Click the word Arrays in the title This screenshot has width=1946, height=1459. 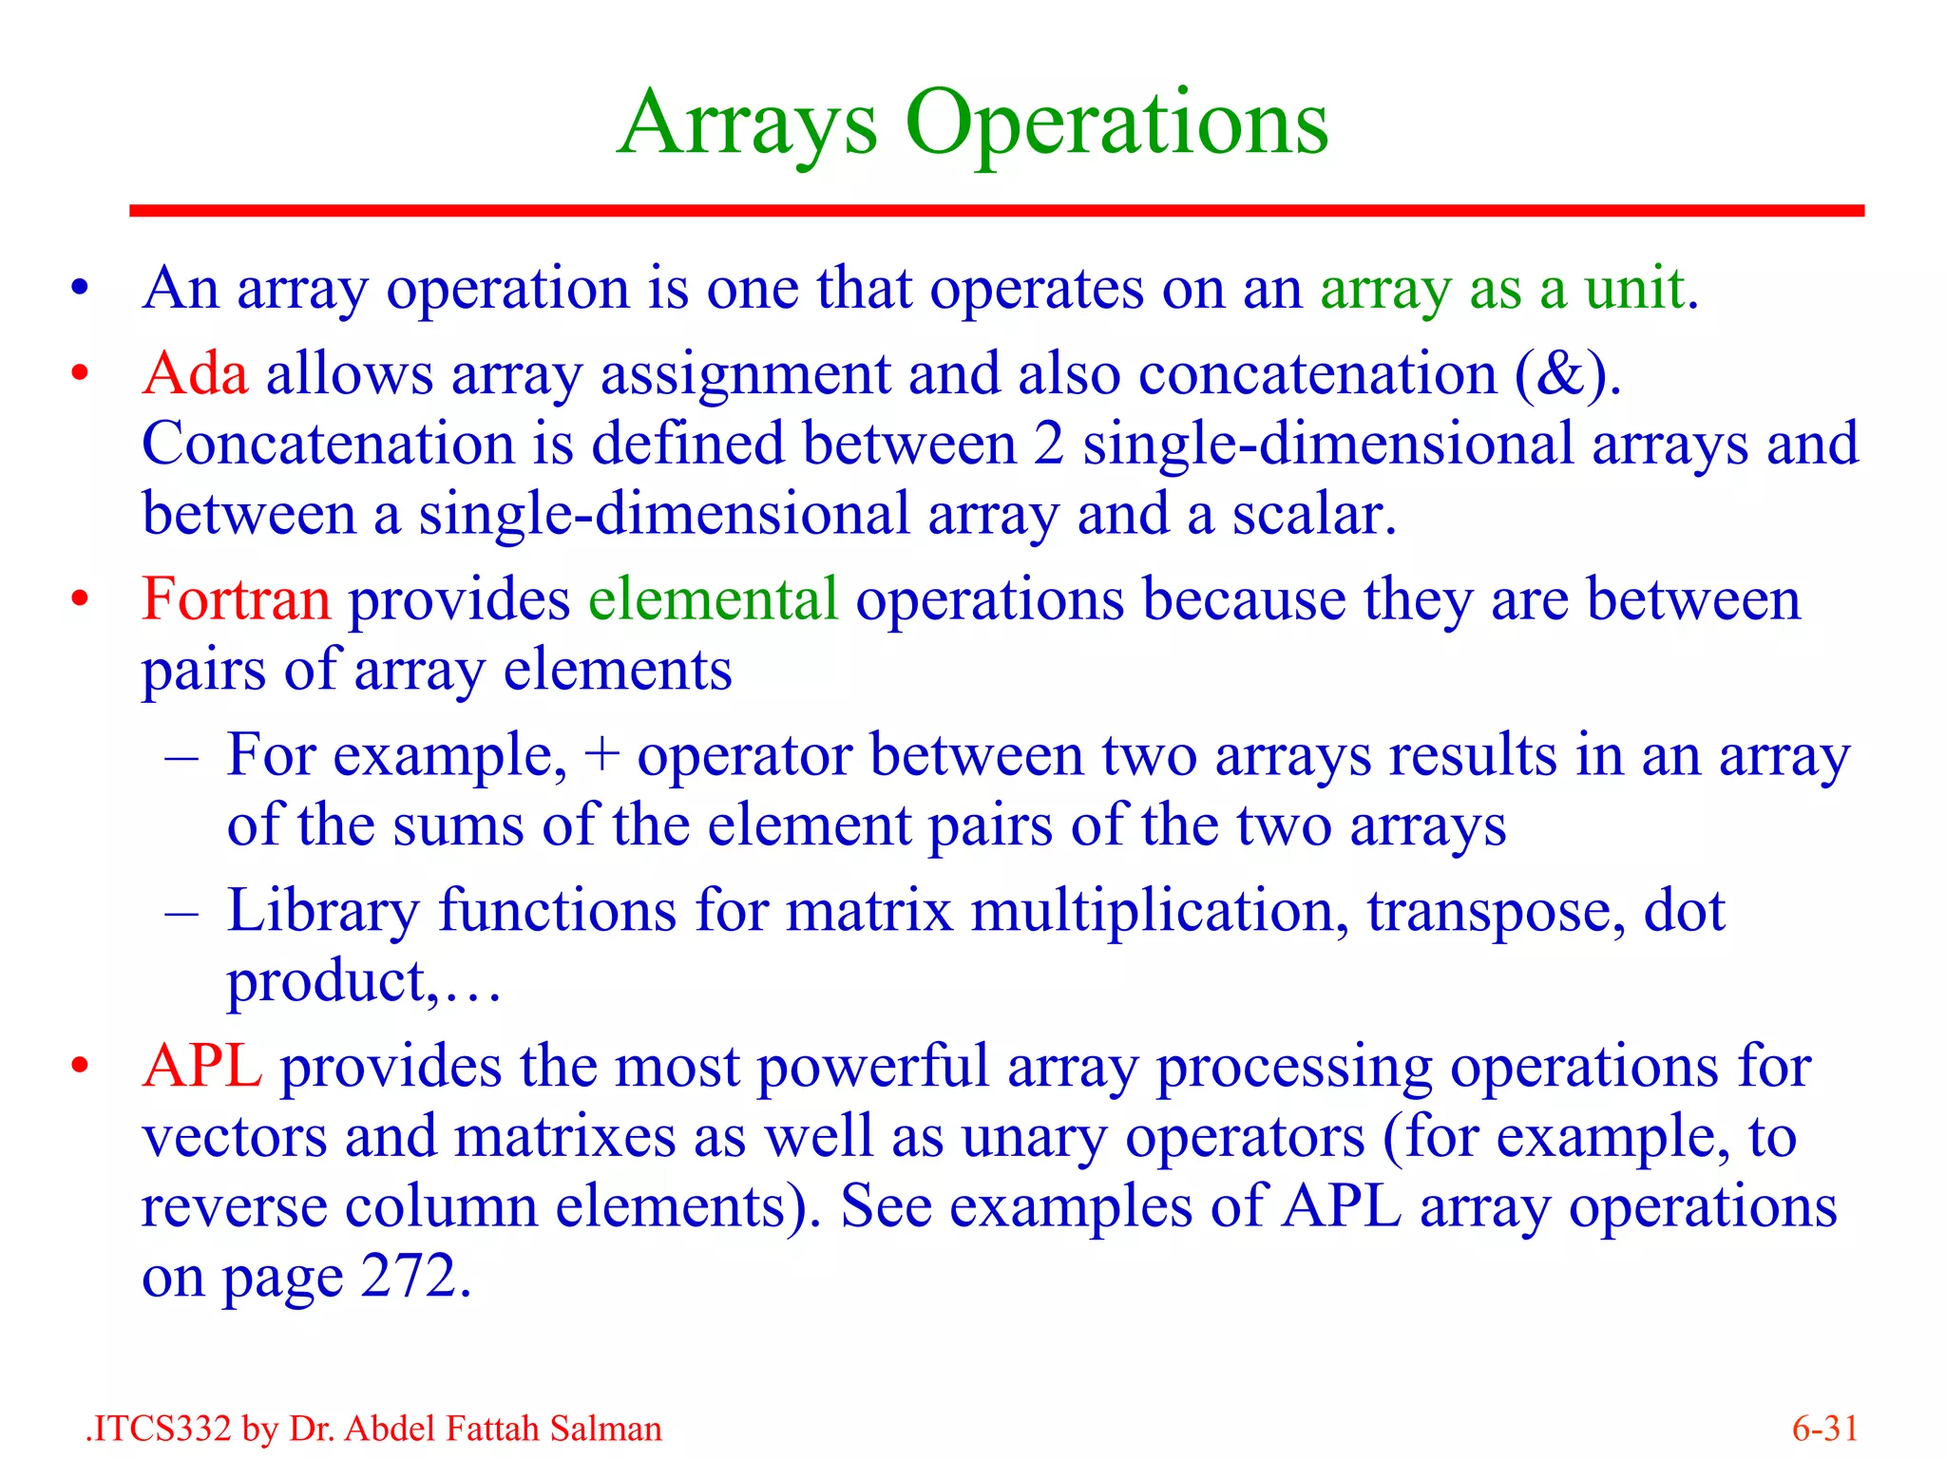(x=747, y=123)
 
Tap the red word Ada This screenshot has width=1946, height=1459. (x=195, y=373)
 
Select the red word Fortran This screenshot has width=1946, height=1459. (x=236, y=600)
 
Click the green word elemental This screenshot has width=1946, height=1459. (x=713, y=600)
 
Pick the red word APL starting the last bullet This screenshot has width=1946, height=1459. (x=201, y=1067)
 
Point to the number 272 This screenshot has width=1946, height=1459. (x=409, y=1277)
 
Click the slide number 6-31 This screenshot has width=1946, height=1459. (x=1824, y=1429)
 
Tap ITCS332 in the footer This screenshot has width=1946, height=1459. (x=162, y=1429)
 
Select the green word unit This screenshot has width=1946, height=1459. (x=1632, y=288)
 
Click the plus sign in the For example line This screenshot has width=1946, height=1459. (x=601, y=757)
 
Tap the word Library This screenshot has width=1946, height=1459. (x=322, y=912)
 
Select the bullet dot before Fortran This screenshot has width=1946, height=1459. (x=80, y=600)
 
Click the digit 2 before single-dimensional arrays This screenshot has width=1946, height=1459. (x=1048, y=445)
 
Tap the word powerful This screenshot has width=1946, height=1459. (x=872, y=1067)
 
